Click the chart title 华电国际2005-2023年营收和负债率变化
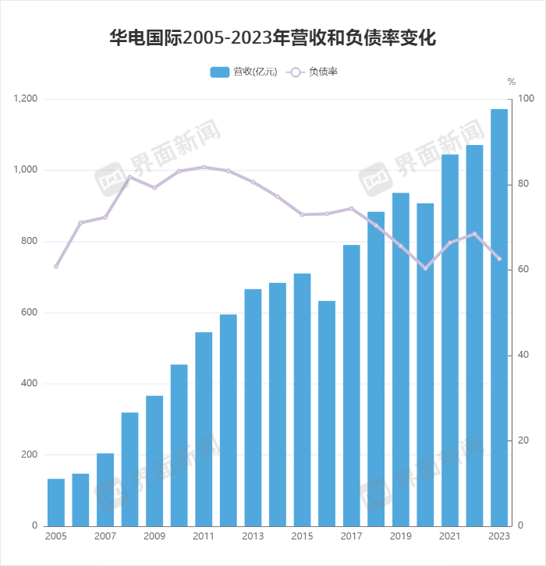pyautogui.click(x=272, y=37)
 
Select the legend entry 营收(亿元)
pyautogui.click(x=243, y=72)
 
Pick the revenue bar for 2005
pyautogui.click(x=56, y=502)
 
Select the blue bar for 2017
pyautogui.click(x=352, y=385)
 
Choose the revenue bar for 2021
pyautogui.click(x=450, y=340)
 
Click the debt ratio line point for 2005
pyautogui.click(x=56, y=267)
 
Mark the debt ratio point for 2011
pyautogui.click(x=204, y=167)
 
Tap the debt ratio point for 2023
pyautogui.click(x=499, y=259)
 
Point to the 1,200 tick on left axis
pyautogui.click(x=26, y=99)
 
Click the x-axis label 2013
pyautogui.click(x=253, y=536)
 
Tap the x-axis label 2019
pyautogui.click(x=400, y=536)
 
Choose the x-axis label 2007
pyautogui.click(x=105, y=536)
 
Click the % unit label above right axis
pyautogui.click(x=512, y=81)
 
